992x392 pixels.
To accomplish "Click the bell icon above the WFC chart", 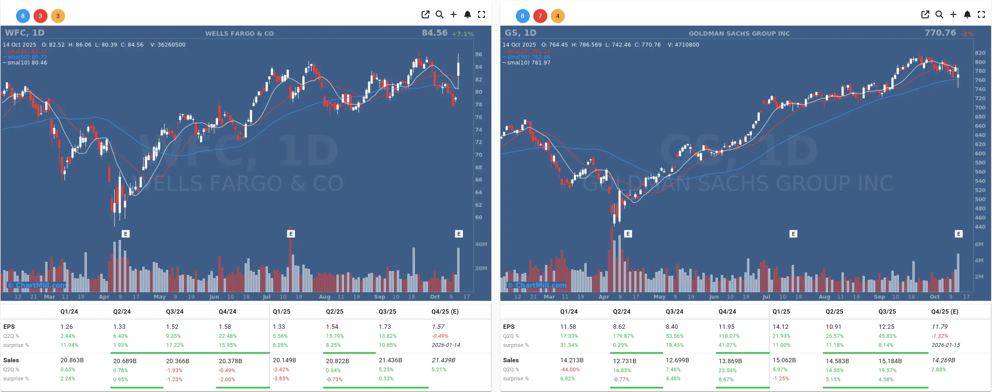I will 467,15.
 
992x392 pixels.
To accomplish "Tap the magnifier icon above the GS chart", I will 939,15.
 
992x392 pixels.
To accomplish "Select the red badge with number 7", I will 540,16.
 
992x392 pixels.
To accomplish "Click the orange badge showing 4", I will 558,16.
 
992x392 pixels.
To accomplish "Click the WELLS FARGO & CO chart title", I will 239,33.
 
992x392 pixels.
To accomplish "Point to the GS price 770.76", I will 940,33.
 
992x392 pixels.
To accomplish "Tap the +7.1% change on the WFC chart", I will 462,34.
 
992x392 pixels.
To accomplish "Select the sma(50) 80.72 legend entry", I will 27,57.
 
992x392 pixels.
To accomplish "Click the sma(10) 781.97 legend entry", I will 528,63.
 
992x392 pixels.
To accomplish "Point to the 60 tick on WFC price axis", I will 478,217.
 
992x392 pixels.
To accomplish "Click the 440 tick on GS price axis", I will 980,227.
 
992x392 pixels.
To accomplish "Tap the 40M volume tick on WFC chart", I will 481,244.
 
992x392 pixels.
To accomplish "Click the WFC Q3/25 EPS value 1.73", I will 384,326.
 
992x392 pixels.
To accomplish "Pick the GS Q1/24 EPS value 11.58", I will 568,326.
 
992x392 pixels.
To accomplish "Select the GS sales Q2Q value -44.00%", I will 569,369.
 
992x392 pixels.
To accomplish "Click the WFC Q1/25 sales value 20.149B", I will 284,360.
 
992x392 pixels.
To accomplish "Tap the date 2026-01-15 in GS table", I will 945,345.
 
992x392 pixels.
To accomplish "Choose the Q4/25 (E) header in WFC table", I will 445,312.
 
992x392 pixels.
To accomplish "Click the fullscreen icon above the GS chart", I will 981,15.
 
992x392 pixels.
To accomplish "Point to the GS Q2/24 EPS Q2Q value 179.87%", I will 623,336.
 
